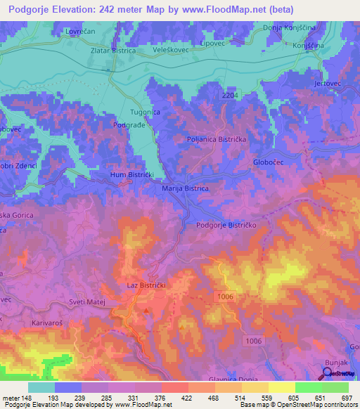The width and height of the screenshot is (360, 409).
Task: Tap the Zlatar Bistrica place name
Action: [124, 52]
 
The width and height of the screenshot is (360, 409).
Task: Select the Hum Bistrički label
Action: [131, 174]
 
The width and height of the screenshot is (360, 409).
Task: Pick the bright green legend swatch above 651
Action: [309, 387]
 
